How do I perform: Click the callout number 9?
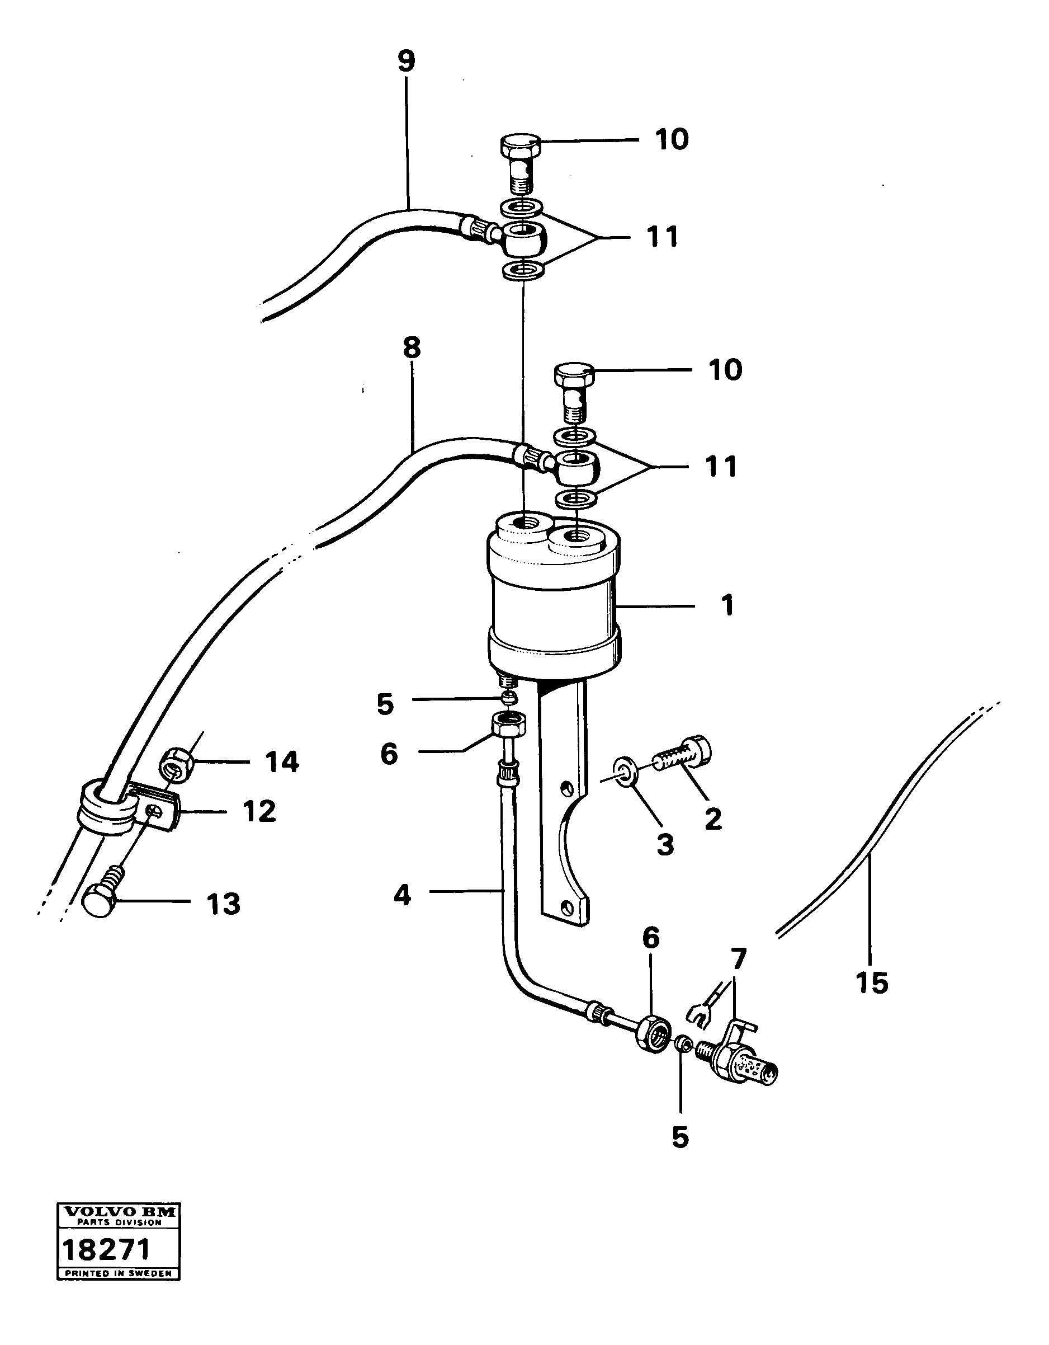(407, 62)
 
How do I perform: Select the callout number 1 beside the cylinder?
(727, 606)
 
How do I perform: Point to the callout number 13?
(223, 904)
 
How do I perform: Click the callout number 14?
(282, 763)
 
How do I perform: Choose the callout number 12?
(258, 812)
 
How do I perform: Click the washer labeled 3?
(626, 773)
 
